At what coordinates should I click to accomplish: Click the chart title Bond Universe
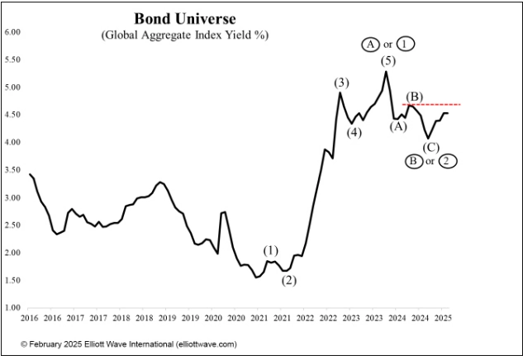[184, 18]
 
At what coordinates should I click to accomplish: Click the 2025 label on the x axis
[443, 318]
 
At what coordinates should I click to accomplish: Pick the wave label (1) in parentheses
[272, 250]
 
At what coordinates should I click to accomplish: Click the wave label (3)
[342, 82]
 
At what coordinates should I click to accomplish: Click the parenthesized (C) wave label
[430, 147]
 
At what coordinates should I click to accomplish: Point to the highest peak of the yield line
[387, 72]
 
